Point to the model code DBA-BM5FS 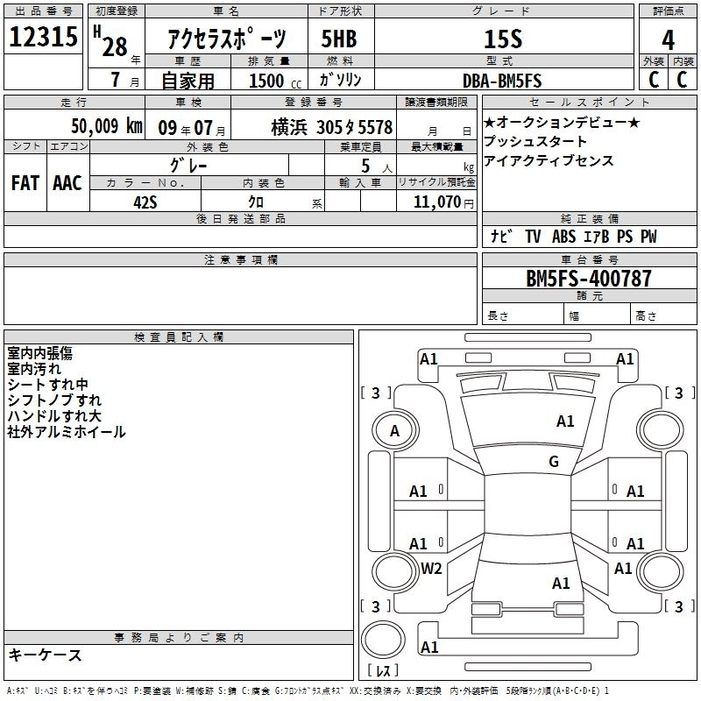[502, 80]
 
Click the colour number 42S [145, 201]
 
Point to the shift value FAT [25, 182]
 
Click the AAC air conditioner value [67, 182]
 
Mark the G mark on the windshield [554, 462]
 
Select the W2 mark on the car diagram [431, 568]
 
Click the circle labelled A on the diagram [394, 431]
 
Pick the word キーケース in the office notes [45, 655]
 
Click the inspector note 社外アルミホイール [67, 431]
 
